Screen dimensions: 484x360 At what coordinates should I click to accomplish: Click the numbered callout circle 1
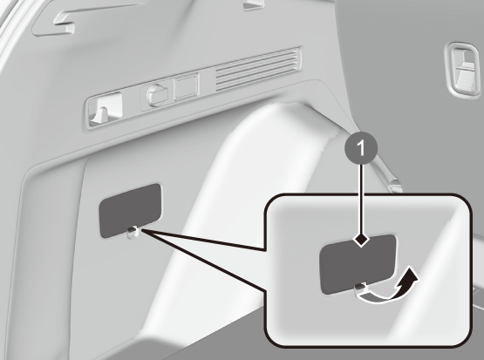point(361,148)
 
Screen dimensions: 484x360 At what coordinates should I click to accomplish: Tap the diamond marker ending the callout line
point(361,239)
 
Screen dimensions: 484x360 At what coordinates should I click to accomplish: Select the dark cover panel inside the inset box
point(358,264)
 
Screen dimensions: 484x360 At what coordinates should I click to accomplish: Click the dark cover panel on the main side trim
point(130,211)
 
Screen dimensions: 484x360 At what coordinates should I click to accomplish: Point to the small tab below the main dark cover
point(133,232)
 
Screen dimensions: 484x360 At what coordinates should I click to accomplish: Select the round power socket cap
point(157,94)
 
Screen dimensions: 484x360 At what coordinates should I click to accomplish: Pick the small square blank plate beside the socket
point(186,87)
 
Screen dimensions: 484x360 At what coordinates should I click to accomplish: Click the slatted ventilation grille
point(258,70)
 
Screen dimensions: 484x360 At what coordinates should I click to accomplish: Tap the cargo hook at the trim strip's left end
point(104,110)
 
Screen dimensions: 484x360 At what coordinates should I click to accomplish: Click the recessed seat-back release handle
point(463,70)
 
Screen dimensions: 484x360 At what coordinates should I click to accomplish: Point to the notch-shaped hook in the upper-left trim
point(65,24)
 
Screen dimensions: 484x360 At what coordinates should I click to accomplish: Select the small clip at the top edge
point(254,4)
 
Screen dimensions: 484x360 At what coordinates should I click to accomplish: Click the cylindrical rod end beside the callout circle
point(394,186)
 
